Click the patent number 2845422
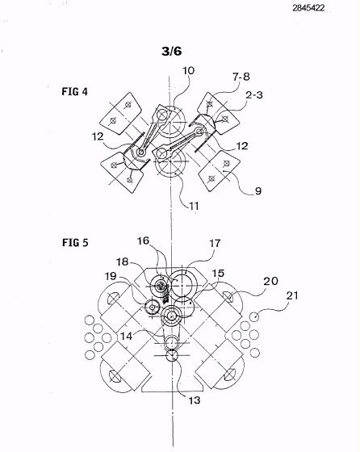(x=308, y=8)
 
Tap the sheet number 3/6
(x=172, y=51)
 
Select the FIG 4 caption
(x=74, y=92)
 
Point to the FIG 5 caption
(x=75, y=242)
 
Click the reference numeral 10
(x=188, y=71)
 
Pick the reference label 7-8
(x=241, y=77)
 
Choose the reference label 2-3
(x=254, y=95)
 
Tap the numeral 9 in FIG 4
(x=258, y=190)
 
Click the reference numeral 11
(x=194, y=206)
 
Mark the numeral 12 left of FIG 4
(x=98, y=136)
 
